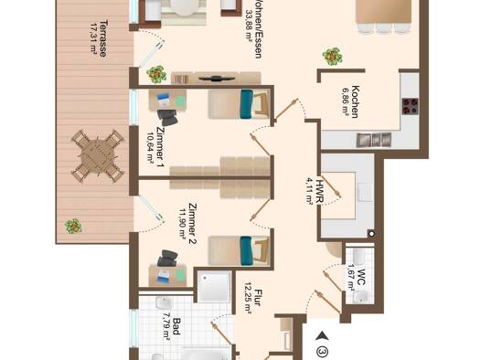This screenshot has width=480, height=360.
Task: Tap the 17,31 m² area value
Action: tap(93, 39)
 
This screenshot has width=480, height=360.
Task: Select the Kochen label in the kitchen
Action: tap(355, 101)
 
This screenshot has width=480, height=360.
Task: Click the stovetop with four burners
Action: tap(411, 106)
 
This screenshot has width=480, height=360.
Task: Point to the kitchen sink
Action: tap(374, 140)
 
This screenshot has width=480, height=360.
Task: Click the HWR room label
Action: tap(320, 191)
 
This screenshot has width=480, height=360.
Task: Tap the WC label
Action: tap(361, 277)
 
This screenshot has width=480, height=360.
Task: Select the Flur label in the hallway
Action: tap(258, 298)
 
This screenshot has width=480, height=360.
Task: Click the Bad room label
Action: tap(176, 326)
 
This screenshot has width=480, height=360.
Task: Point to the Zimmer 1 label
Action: tap(160, 147)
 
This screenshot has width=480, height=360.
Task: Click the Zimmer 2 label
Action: tap(193, 224)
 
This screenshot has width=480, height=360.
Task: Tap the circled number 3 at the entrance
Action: tap(322, 352)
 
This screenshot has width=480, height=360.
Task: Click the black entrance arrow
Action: tap(322, 336)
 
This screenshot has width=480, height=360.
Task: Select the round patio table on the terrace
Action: tap(98, 156)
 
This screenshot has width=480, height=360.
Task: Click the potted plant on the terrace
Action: tap(73, 227)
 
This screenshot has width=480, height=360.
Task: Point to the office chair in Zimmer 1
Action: tap(167, 118)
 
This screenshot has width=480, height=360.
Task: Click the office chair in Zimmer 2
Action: tap(167, 259)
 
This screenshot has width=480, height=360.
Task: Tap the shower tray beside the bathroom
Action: tap(214, 287)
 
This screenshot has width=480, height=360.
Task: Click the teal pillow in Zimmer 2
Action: tap(246, 250)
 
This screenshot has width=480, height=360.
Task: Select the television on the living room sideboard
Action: tap(217, 79)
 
